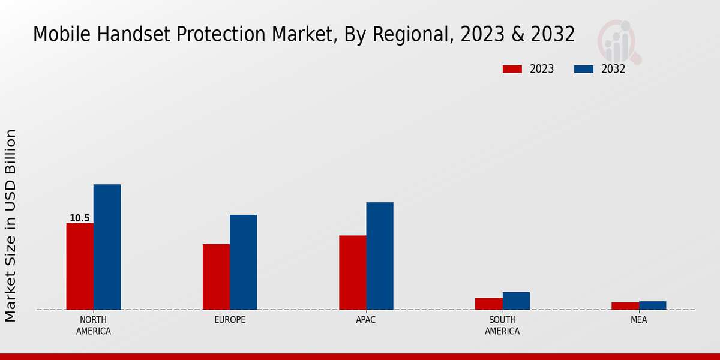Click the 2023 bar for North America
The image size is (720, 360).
(x=80, y=266)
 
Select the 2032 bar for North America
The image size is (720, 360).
(x=107, y=247)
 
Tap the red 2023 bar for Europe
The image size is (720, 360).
(x=216, y=277)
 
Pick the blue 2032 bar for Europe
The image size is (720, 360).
(x=243, y=262)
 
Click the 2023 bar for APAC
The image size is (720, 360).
(x=352, y=272)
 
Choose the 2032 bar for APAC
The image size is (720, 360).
(x=380, y=256)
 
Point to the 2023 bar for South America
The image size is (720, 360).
(x=488, y=304)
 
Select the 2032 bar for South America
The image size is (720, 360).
(x=516, y=301)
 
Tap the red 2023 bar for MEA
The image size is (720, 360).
(x=625, y=306)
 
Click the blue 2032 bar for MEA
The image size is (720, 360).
(x=652, y=305)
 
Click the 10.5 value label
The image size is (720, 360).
(x=79, y=218)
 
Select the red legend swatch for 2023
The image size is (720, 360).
(x=512, y=69)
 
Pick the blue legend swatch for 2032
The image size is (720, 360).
(x=583, y=69)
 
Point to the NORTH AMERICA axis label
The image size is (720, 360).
(x=94, y=325)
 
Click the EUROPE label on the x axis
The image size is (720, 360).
(x=230, y=320)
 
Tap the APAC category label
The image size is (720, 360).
(x=366, y=320)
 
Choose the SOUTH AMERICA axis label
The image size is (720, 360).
(x=502, y=325)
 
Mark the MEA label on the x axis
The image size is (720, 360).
(x=638, y=320)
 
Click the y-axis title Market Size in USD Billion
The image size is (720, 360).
(x=11, y=225)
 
